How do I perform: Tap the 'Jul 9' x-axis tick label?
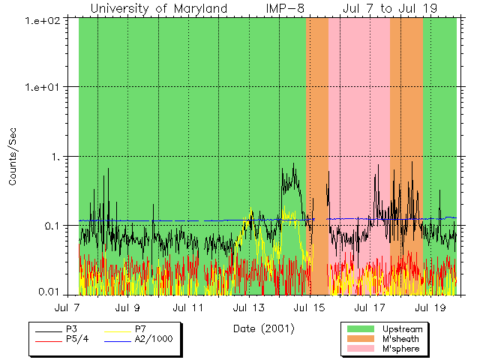[127, 307]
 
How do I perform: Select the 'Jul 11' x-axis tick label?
[187, 307]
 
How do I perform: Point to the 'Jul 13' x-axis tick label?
[248, 307]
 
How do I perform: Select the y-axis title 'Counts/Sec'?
[13, 156]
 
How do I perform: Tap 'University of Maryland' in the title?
[158, 8]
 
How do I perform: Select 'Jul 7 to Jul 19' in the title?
[390, 8]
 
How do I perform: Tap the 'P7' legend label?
[140, 329]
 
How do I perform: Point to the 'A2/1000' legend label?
[153, 340]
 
